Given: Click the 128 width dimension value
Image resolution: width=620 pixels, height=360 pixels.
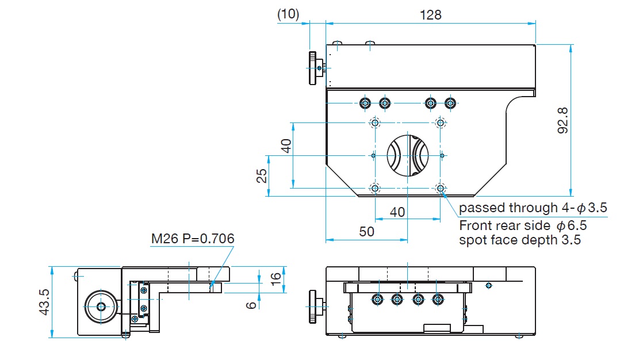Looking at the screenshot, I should [431, 15].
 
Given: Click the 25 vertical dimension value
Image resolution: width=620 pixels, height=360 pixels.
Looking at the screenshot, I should [262, 176].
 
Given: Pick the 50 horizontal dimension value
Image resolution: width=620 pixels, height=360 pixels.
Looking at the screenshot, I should [366, 231].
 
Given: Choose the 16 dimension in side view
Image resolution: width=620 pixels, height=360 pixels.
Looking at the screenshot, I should [276, 277].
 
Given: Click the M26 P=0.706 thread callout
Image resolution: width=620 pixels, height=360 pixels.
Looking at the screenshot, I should [193, 239].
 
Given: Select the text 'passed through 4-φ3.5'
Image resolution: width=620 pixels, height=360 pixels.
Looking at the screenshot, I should [533, 208].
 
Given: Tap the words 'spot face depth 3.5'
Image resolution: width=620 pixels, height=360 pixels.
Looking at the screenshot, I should [520, 240].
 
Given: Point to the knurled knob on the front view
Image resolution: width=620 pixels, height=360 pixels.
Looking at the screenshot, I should [313, 307].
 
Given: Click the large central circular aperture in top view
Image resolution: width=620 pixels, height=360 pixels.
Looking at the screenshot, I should [407, 155].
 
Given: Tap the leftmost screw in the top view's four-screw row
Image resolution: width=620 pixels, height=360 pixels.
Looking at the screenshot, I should [365, 104].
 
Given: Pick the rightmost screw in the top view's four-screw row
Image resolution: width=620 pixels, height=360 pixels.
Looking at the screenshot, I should [450, 104].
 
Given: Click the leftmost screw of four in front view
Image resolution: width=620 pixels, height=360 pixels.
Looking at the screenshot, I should [377, 299].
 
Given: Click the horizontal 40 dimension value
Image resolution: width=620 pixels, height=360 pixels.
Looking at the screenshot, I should [397, 212].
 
